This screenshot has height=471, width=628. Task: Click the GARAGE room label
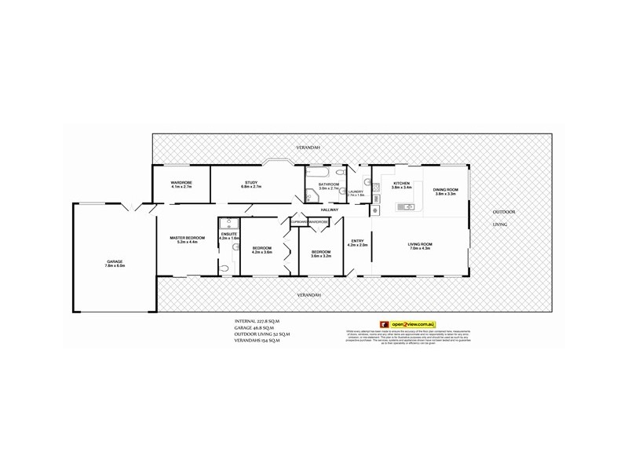pos(115,261)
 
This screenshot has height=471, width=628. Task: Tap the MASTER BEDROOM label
pos(187,238)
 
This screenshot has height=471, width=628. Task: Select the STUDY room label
pos(250,182)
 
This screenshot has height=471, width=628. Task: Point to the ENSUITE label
pos(229,234)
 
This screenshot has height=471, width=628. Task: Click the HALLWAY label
pos(329,210)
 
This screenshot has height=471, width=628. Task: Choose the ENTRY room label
pos(357,241)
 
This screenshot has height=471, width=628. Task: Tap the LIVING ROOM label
pos(420,244)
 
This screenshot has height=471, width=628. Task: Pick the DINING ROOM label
pos(445,189)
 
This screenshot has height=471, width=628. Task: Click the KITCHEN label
pos(401,183)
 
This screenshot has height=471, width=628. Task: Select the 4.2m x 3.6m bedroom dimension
pos(261,252)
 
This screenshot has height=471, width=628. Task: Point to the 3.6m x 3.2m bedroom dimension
pos(321,256)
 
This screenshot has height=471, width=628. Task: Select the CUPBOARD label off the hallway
pos(298,222)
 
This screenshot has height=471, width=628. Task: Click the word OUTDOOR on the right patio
pos(504,212)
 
